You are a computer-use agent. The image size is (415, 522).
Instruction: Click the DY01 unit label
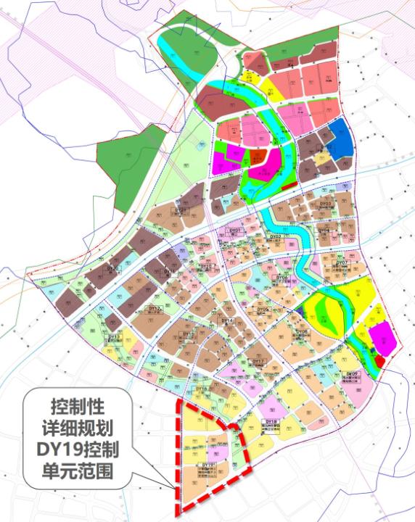click(x=234, y=230)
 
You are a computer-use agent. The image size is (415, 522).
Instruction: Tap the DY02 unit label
click(x=276, y=237)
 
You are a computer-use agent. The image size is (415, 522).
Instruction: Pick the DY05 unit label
click(x=263, y=309)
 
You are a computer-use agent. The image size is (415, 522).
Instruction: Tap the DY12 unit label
click(x=154, y=308)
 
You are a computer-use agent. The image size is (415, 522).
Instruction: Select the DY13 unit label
click(x=114, y=337)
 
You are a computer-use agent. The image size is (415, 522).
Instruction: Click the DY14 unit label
click(x=227, y=320)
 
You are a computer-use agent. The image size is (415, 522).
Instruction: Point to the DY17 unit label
click(x=257, y=361)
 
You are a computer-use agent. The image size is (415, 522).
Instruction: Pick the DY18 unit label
click(x=272, y=421)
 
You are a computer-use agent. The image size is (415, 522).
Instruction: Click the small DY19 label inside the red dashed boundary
click(x=209, y=464)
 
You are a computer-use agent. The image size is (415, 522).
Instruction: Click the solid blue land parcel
click(x=342, y=138)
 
